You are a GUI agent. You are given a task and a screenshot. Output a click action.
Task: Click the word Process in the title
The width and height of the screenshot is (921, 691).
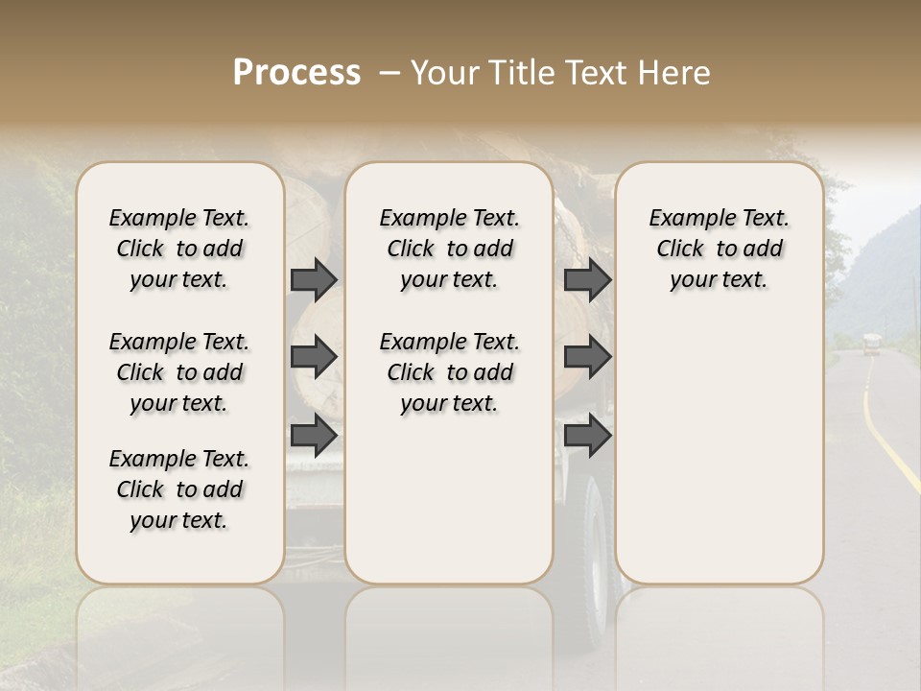pos(296,73)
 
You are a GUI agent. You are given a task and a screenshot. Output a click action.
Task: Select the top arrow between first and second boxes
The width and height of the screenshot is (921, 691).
pos(313,279)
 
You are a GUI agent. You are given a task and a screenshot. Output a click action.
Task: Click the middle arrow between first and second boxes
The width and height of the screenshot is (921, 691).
pos(313,357)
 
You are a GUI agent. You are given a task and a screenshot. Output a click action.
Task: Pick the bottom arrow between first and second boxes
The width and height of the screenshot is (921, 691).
pos(313,436)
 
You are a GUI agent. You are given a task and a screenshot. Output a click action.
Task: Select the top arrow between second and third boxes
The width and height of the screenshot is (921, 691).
pos(587,279)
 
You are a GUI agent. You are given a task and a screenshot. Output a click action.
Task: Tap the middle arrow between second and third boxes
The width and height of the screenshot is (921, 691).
pos(587,357)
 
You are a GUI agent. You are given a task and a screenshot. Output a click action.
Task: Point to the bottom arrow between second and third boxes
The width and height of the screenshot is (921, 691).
pos(587,436)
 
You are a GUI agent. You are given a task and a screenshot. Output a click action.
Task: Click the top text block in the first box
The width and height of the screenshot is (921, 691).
pos(179,249)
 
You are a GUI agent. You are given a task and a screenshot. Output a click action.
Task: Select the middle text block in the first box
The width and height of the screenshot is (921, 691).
pos(179,372)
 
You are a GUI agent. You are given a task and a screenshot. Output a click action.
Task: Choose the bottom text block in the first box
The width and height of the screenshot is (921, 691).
pos(179,489)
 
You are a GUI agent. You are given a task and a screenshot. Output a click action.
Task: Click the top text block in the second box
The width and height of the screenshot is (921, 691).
pos(449,249)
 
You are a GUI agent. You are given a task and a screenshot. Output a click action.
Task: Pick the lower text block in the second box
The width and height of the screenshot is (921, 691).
pos(449,372)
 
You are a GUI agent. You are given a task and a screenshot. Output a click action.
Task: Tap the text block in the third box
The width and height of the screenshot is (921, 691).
pos(719,249)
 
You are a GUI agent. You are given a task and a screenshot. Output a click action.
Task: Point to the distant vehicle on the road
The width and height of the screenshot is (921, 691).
pos(870,344)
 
